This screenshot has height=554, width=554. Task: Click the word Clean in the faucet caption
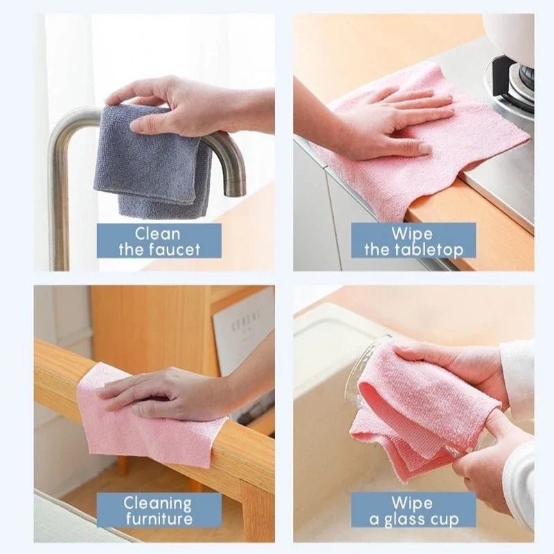[x=158, y=233]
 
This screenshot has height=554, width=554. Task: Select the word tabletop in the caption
[x=434, y=249]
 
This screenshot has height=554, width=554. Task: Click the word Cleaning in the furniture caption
[x=158, y=503]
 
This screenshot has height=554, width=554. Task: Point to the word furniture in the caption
[x=158, y=519]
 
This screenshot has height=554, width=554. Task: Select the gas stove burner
[x=516, y=80]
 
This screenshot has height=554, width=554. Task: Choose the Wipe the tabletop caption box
[x=413, y=240]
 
